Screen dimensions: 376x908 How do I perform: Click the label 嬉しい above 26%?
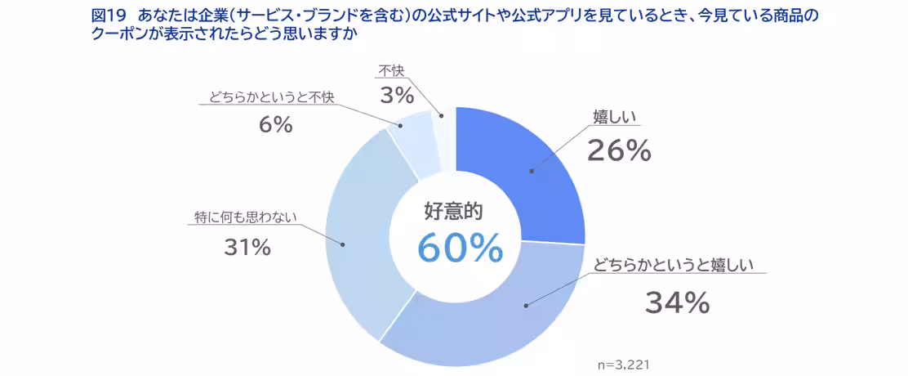tap(613, 118)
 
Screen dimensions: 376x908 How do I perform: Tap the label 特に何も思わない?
tap(245, 217)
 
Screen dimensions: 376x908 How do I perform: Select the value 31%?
tap(247, 248)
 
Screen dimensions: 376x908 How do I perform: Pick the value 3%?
tap(398, 96)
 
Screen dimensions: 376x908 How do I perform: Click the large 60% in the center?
tap(460, 248)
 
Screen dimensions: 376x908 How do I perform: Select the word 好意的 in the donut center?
tap(454, 211)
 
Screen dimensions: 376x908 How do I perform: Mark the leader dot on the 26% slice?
tap(531, 171)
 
